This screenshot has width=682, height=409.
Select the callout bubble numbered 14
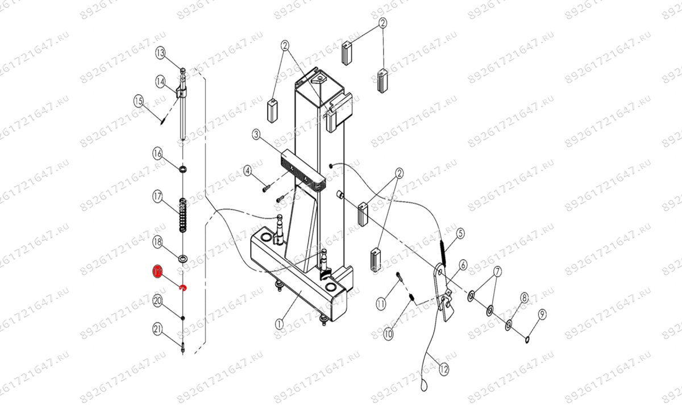tap(160, 82)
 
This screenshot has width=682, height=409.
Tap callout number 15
tap(138, 101)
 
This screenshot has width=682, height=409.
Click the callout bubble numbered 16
tap(158, 153)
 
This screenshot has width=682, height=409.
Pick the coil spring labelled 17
tap(182, 215)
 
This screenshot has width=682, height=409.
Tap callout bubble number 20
tap(158, 302)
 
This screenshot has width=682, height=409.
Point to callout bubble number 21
tap(158, 328)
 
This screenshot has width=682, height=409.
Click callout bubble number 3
tap(256, 135)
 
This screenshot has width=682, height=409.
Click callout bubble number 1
tap(278, 323)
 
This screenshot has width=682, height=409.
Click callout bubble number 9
tap(542, 314)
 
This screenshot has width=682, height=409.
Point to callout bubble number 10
tap(388, 335)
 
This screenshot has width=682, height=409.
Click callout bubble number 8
tap(524, 297)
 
